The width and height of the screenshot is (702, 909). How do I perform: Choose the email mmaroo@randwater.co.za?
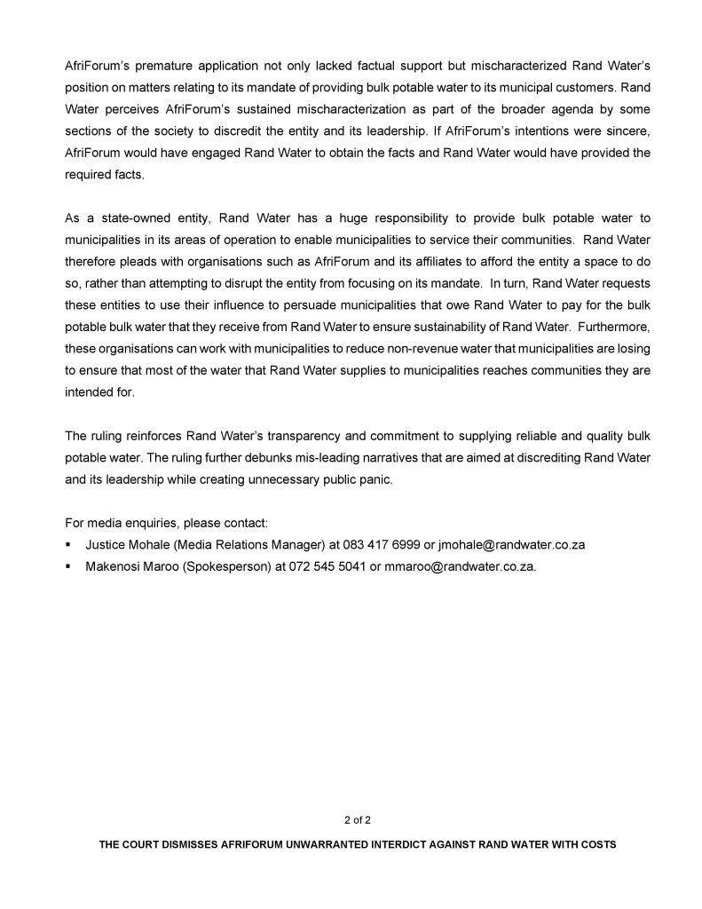460,566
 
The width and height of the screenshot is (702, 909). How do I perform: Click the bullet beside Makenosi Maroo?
68,566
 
